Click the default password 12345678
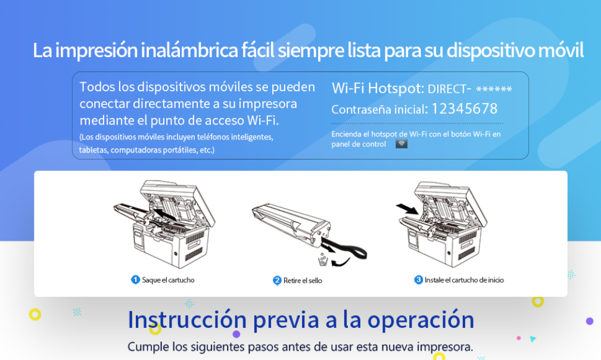tap(464, 109)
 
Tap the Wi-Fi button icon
tap(401, 144)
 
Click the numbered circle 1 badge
tap(135, 280)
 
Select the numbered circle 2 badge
tap(277, 280)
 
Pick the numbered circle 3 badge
tap(418, 280)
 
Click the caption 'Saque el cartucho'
tap(168, 280)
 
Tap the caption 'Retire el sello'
tap(303, 281)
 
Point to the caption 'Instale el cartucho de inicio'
tap(464, 280)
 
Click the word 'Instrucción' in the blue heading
tap(187, 319)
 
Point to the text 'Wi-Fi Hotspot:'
tap(378, 88)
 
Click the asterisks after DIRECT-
tap(494, 89)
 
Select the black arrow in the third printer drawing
tap(407, 209)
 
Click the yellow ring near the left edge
tap(35, 315)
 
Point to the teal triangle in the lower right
tap(533, 339)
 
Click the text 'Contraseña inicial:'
tap(379, 110)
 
